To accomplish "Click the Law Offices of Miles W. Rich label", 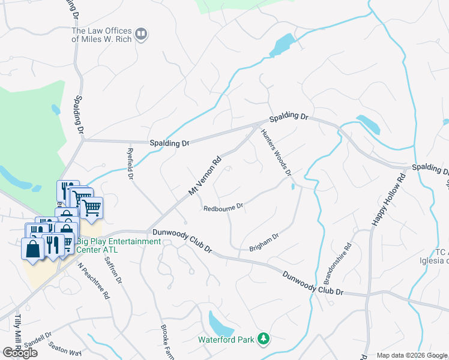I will [101, 35].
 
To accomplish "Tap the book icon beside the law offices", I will [141, 35].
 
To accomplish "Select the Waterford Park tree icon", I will [262, 339].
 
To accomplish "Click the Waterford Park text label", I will [227, 339].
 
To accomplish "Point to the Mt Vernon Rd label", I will [205, 176].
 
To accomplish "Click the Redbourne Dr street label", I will [223, 208].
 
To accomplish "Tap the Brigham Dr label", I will [264, 242].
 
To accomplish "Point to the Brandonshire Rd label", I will [337, 263].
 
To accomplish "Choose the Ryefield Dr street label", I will [130, 164].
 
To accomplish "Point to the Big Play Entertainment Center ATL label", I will [119, 245].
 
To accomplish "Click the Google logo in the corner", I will [20, 353].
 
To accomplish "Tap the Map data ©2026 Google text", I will [412, 355].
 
